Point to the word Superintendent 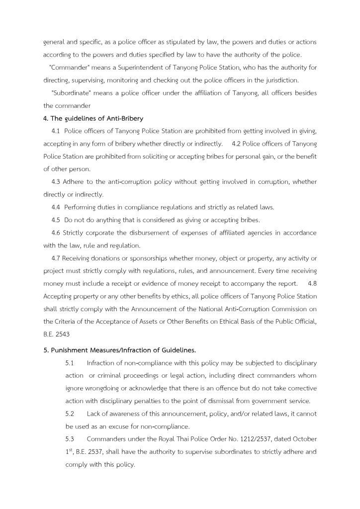[x=161, y=67]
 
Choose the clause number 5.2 [x=70, y=414]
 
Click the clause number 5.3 [x=70, y=439]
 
